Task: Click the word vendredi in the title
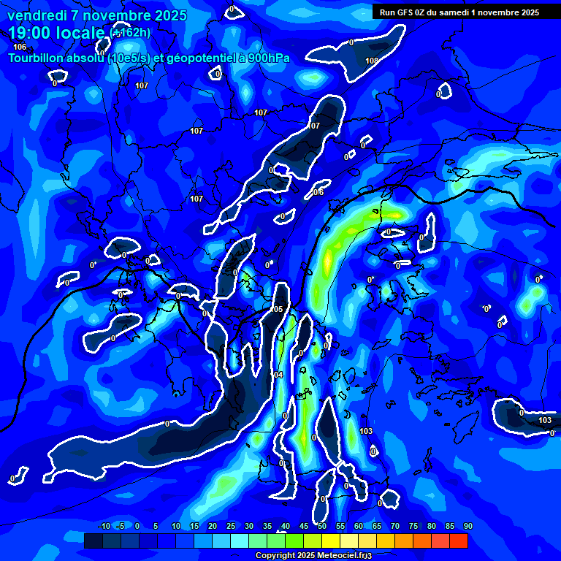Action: coord(35,15)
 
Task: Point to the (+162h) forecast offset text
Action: coord(131,32)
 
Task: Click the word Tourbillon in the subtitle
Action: coord(37,58)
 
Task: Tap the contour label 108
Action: coord(372,61)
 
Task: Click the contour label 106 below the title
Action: coord(20,47)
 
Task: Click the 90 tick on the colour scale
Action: coord(467,527)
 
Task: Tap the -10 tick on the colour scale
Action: coord(104,527)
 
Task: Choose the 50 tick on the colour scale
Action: coord(321,527)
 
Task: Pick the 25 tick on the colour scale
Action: coord(230,527)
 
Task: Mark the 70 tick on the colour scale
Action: coord(394,527)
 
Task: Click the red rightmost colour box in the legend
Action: coord(458,541)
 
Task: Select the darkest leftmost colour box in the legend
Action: coord(93,541)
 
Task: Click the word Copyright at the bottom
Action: coord(275,555)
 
